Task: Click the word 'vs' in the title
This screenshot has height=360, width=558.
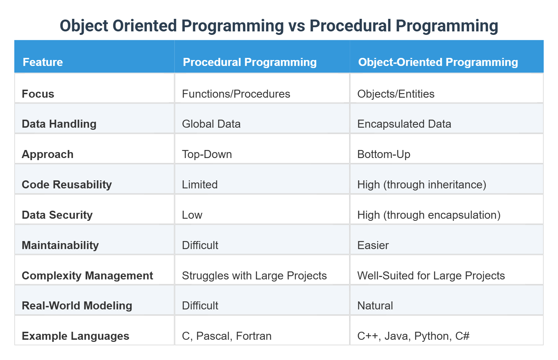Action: (296, 26)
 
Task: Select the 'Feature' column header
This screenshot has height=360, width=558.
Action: (43, 62)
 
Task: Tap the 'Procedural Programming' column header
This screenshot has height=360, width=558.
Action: (250, 62)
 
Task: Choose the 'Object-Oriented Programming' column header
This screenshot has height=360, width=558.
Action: (438, 62)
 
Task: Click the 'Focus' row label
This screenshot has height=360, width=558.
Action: (38, 94)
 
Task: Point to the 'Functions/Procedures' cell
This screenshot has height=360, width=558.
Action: (236, 94)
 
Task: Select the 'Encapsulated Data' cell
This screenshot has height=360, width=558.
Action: (404, 124)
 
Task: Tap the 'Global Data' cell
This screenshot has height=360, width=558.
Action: (211, 124)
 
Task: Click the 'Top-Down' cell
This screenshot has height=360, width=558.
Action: (207, 155)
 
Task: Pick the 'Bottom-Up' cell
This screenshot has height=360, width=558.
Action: (384, 155)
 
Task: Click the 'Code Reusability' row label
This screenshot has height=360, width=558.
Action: (67, 185)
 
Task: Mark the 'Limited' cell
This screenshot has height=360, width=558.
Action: (200, 185)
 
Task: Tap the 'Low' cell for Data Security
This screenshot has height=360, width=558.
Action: (192, 215)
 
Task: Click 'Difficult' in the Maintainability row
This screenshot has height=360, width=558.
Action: (200, 245)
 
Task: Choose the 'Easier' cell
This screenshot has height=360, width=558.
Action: (373, 245)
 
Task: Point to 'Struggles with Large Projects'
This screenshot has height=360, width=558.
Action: (254, 276)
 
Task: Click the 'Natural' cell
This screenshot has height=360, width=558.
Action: (375, 306)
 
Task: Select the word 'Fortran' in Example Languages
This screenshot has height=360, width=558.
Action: (254, 336)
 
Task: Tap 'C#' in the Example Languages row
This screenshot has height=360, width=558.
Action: (462, 336)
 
